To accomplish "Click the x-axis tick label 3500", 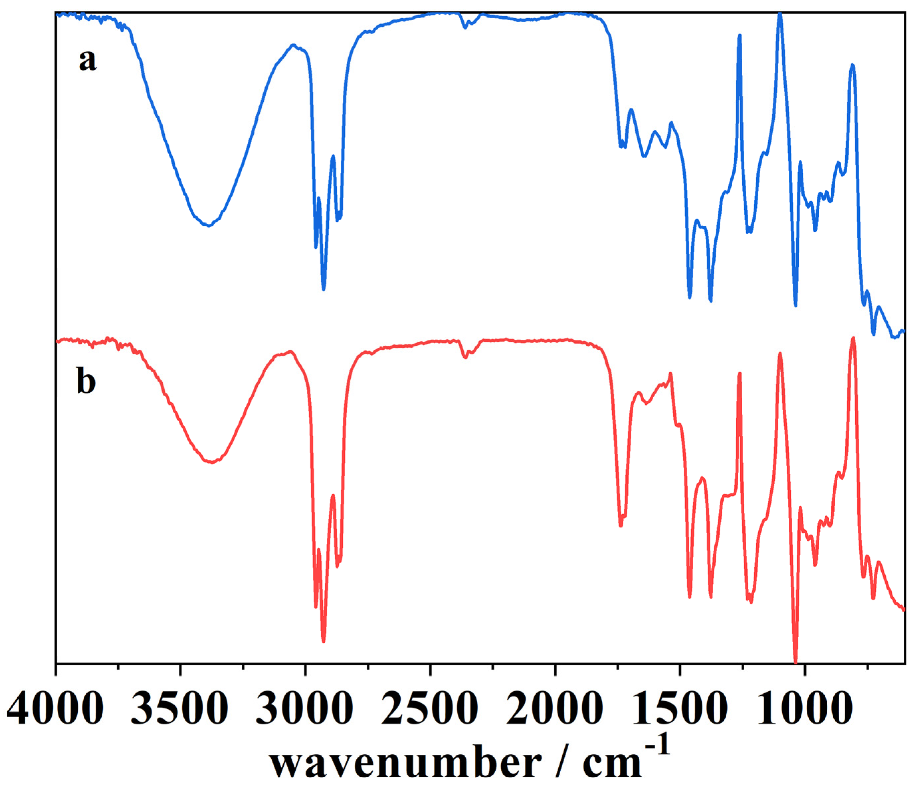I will (x=180, y=708).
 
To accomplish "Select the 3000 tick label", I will (x=305, y=708).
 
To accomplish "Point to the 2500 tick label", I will (x=430, y=708).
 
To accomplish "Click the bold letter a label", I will (x=87, y=60).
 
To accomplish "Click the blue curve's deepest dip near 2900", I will (x=324, y=289).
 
